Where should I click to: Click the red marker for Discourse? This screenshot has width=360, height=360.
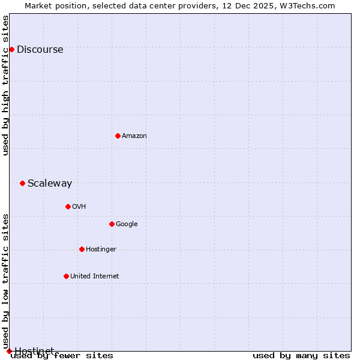11,49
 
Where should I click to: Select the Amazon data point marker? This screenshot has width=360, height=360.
118,136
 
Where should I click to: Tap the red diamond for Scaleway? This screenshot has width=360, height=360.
22,183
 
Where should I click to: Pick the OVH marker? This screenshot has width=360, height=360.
68,206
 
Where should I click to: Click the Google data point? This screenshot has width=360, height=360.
112,224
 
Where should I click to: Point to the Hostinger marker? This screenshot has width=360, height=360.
82,249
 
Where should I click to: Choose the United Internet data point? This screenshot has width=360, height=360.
66,276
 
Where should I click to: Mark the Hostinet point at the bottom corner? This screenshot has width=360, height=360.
9,351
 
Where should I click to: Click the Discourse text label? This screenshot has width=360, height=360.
40,50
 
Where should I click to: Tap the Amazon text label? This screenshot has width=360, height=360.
134,136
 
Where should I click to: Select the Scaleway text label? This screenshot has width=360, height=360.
50,184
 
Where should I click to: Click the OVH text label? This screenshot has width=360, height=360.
79,207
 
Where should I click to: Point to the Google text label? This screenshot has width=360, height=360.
127,224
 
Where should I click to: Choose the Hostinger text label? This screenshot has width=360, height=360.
101,250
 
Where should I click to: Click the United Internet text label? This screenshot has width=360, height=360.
95,277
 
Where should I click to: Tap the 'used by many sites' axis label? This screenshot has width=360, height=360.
301,355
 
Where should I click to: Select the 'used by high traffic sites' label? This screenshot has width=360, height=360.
6,85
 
